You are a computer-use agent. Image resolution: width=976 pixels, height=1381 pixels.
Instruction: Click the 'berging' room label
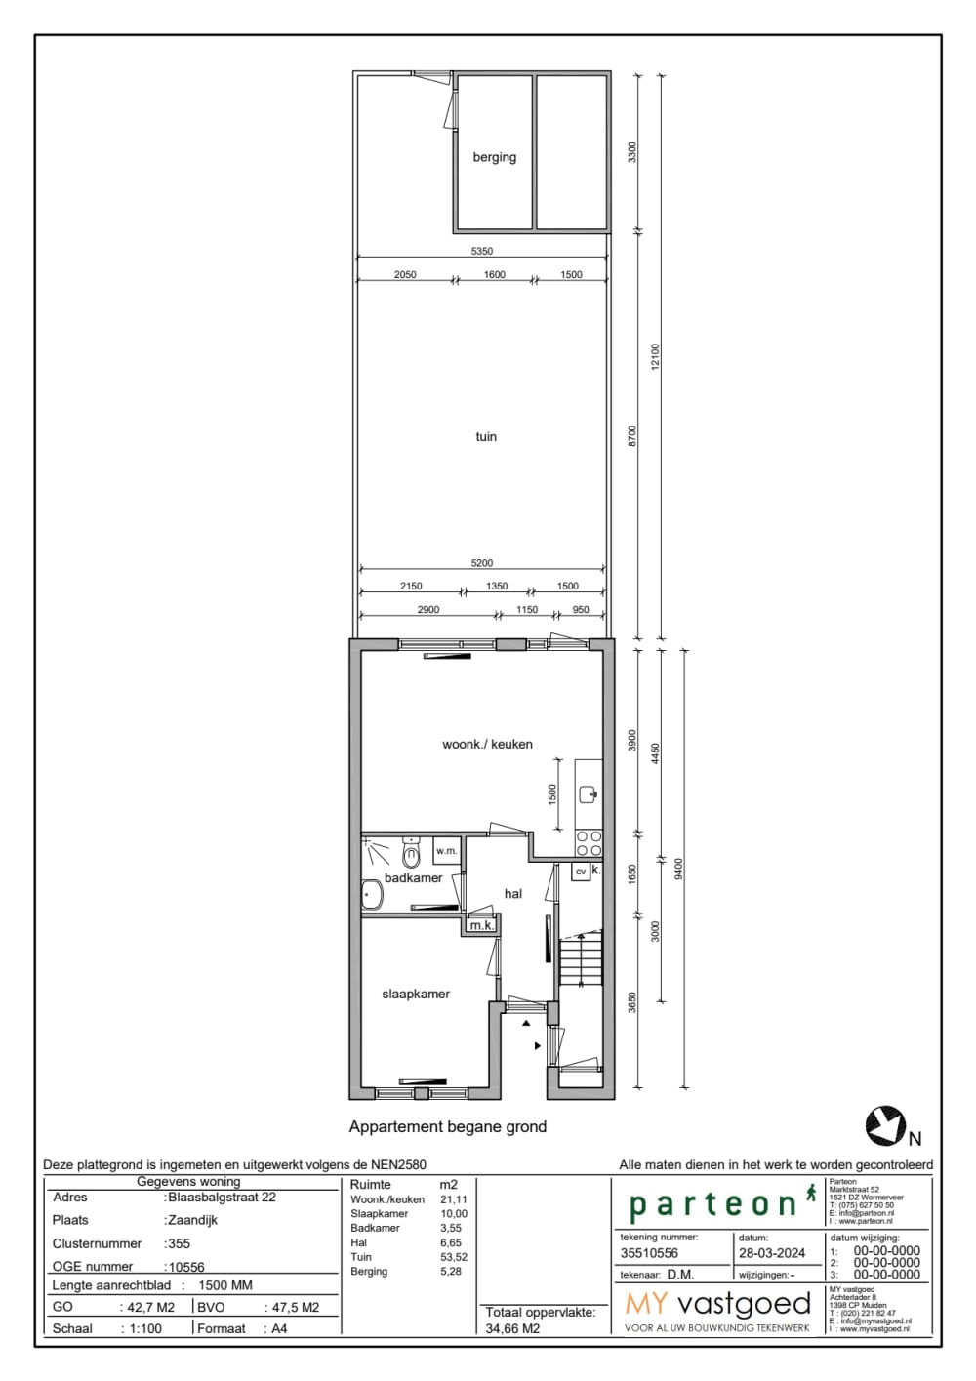[x=494, y=157]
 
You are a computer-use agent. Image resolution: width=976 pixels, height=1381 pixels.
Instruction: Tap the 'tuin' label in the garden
[x=486, y=437]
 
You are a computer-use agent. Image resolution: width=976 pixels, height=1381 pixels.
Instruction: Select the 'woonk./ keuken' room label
[x=487, y=745]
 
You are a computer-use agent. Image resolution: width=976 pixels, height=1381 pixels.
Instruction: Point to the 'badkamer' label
[x=413, y=878]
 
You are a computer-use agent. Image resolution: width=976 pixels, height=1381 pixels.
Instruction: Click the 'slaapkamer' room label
[x=416, y=995]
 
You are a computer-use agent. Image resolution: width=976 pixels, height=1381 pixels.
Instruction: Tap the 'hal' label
[x=513, y=894]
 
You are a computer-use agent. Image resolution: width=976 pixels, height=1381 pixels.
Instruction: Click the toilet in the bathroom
[x=411, y=855]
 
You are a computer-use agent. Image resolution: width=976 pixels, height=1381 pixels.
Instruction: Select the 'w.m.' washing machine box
[x=446, y=851]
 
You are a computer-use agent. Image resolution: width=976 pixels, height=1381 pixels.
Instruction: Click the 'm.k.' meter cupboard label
[x=481, y=925]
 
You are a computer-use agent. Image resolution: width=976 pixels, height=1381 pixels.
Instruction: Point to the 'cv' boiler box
[x=581, y=872]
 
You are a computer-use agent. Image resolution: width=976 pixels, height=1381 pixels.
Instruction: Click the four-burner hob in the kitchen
[x=589, y=844]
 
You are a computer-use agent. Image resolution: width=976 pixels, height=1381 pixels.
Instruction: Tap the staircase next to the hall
[x=581, y=958]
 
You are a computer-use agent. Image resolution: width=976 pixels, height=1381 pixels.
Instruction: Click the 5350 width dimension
[x=482, y=252]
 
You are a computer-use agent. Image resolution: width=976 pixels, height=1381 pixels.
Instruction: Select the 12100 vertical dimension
[x=656, y=356]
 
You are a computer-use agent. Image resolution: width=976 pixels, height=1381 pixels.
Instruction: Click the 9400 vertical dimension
[x=679, y=869]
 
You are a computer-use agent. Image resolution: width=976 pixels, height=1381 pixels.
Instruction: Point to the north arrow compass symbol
[x=885, y=1126]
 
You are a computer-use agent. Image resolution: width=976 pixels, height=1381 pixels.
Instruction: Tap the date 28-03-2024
[x=772, y=1254]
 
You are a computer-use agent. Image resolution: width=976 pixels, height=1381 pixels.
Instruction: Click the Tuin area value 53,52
[x=454, y=1258]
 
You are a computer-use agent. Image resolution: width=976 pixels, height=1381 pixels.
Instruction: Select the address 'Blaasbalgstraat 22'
[x=222, y=1198]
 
